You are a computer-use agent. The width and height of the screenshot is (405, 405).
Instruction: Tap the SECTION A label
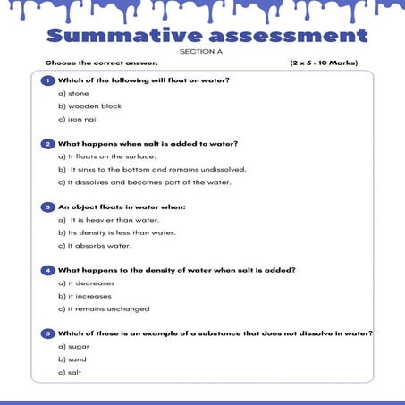[x=202, y=52]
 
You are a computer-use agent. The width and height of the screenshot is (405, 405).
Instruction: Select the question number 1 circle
[x=48, y=80]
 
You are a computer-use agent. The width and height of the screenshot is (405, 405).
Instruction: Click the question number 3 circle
[x=48, y=207]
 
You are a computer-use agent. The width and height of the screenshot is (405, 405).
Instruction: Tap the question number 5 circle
[x=48, y=333]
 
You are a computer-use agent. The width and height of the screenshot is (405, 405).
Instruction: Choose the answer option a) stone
[x=72, y=93]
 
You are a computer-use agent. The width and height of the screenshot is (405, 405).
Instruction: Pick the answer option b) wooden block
[x=89, y=105]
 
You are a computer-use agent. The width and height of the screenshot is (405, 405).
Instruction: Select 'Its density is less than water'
[x=116, y=232]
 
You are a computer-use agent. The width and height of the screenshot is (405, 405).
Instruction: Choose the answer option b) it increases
[x=86, y=295]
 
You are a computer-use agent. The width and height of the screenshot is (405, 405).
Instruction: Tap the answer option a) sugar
[x=73, y=346]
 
